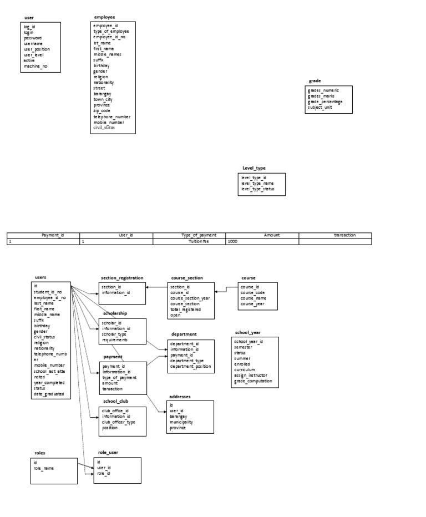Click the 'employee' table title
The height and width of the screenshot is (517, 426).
105,17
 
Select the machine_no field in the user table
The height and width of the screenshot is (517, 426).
35,67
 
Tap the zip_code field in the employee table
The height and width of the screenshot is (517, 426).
102,111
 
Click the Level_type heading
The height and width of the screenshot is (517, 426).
254,168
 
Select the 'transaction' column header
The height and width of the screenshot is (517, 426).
344,235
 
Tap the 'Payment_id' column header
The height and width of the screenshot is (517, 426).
53,235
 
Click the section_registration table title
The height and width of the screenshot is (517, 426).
122,277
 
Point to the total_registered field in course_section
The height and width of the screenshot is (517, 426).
185,310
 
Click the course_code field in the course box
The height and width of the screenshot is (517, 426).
253,293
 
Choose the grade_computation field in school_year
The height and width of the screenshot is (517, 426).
253,381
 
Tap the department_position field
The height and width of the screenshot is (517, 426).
190,366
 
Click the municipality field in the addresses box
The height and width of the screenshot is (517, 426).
181,422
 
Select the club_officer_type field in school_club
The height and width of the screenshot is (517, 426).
118,422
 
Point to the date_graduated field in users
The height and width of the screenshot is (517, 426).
49,394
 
